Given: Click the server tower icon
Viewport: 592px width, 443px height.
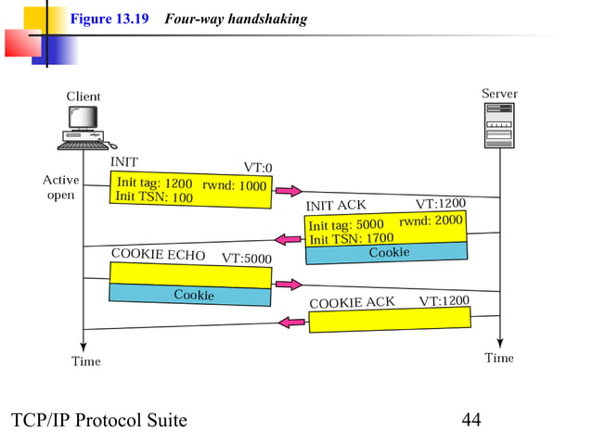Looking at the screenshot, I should click(499, 125).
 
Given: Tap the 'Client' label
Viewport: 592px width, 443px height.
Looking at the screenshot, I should click(84, 96).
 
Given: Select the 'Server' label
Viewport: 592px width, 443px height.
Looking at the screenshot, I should click(499, 94).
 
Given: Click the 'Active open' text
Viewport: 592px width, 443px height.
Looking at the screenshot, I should click(60, 187).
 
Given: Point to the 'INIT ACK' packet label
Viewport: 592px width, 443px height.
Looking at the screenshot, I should click(336, 205).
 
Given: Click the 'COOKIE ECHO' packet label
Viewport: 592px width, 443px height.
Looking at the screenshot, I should click(158, 254).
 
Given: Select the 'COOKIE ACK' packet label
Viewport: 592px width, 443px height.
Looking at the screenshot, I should click(352, 302).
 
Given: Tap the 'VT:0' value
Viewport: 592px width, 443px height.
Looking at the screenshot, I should click(258, 168).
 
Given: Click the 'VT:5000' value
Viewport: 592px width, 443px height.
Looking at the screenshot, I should click(246, 258).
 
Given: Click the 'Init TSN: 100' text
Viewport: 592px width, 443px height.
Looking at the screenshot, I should click(154, 197).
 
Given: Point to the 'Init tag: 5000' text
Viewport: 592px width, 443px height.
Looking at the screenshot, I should click(345, 225).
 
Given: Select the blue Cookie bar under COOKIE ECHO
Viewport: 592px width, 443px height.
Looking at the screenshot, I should click(191, 295).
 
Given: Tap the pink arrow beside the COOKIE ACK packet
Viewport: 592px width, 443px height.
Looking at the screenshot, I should click(293, 322).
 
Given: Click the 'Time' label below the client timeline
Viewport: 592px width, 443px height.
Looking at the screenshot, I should click(86, 361).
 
